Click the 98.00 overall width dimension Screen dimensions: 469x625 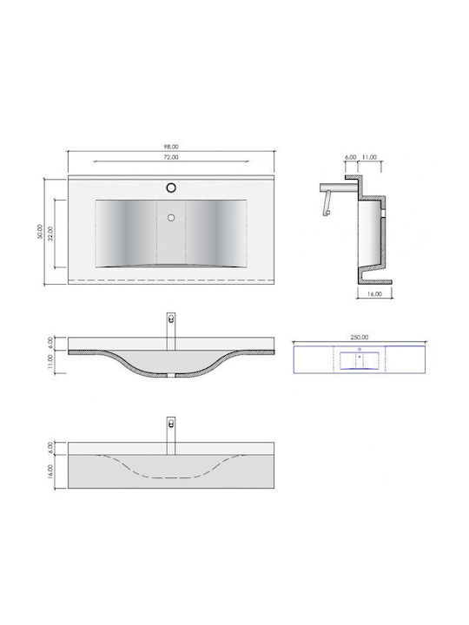point(171,147)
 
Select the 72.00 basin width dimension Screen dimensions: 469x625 point(171,157)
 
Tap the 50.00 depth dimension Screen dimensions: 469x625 point(39,231)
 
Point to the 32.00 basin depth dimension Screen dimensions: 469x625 point(50,234)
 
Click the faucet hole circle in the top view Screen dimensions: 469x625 point(171,187)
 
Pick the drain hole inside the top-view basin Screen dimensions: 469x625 point(171,218)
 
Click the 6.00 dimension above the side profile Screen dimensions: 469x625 point(351,157)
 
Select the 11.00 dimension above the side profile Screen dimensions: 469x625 point(369,157)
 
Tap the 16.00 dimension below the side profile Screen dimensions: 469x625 point(374,294)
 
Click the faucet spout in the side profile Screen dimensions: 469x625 point(338,187)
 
